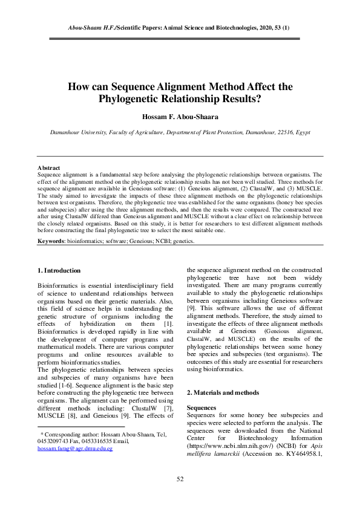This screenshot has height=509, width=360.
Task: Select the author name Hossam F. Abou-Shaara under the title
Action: tap(180, 115)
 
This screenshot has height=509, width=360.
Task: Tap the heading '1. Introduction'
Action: tap(59, 270)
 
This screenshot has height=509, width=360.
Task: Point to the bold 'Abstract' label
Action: tap(48, 167)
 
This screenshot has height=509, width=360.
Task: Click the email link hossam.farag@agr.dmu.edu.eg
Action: tap(75, 449)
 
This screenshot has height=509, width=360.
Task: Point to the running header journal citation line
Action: tap(180, 28)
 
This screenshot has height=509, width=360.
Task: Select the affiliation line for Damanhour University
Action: tap(180, 131)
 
